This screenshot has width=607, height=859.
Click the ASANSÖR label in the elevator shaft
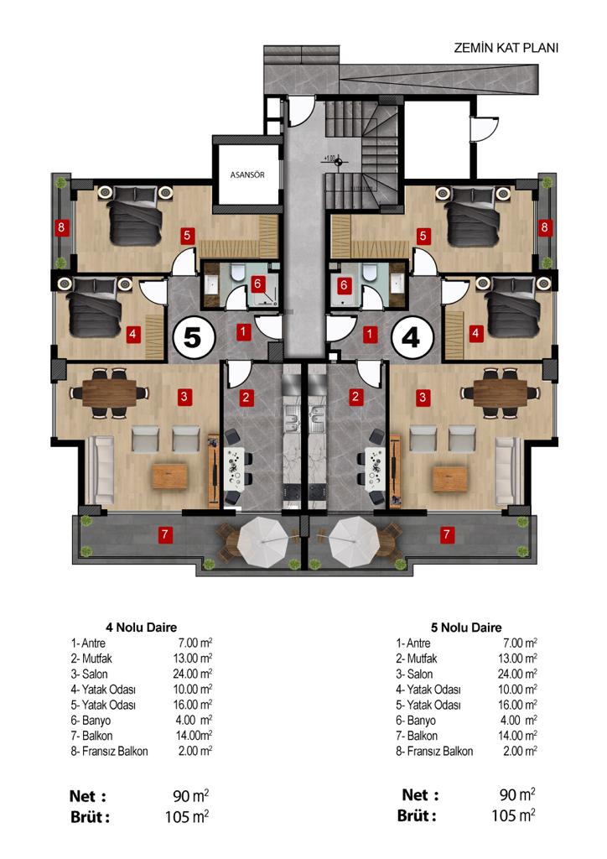pos(247,174)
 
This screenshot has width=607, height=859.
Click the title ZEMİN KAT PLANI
pos(506,48)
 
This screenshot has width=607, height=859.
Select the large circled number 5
pos(193,337)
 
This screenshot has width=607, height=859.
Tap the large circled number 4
pos(412,337)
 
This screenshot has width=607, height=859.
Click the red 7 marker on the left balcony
pos(165,534)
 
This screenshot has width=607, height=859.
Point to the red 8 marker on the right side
pos(544,226)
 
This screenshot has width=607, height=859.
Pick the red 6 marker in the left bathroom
pos(257,284)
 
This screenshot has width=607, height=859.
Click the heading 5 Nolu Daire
pos(466,627)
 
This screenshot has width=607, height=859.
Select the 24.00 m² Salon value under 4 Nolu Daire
pos(193,674)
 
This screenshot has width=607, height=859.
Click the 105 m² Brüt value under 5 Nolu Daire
pos(513,815)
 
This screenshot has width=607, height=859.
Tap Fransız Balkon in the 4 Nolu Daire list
pos(115,751)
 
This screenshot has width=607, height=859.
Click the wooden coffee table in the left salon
pos(169,476)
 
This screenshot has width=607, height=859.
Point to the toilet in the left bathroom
pos(237,273)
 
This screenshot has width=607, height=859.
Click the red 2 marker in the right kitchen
pos(355,396)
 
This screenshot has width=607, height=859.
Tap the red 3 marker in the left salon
pos(184,397)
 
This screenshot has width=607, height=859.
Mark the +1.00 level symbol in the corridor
pos(338,161)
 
